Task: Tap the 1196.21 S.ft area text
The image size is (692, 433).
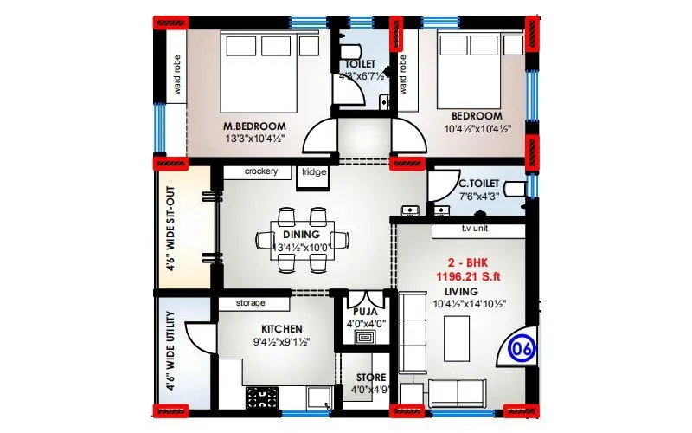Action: coord(467,276)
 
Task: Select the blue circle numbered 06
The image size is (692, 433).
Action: coord(521,350)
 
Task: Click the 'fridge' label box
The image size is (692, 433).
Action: coord(312,171)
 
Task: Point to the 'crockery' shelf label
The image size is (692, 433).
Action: coord(260,171)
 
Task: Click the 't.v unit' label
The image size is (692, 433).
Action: coord(477,229)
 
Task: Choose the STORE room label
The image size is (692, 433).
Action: coord(370,378)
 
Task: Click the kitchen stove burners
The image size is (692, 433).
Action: coord(259,397)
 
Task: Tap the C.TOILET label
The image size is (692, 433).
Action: coord(477,183)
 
